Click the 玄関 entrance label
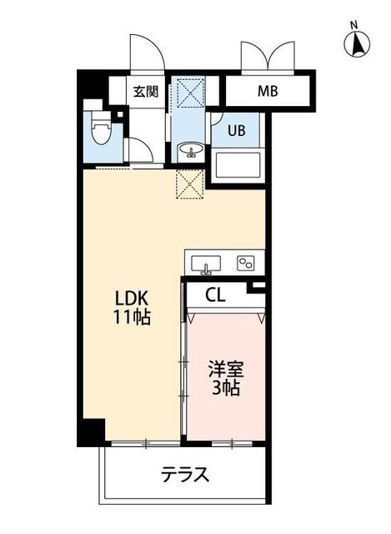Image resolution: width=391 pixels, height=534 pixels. coord(144,92)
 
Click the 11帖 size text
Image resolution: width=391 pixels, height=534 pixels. coord(132,318)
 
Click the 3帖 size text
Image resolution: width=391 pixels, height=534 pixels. coord(225,390)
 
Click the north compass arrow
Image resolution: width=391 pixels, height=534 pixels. coord(355,47)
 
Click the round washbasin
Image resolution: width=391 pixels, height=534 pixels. coord(191,151)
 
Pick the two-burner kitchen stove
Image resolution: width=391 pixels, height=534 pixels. coord(246,264)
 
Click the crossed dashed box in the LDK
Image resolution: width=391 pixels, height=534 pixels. coord(190,184)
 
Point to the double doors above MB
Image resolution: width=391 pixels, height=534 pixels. coord(266,57)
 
